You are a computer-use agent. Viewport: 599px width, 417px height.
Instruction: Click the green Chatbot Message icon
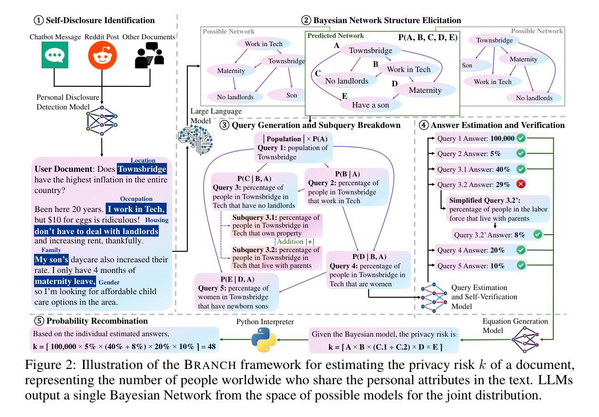[x=54, y=54]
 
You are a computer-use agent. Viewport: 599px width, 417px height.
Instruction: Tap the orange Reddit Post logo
[x=102, y=55]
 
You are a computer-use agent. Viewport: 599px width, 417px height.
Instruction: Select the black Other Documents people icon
[x=149, y=55]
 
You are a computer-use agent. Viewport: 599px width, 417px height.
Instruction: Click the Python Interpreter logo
[x=264, y=340]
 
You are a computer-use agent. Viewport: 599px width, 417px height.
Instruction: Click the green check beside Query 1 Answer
[x=521, y=138]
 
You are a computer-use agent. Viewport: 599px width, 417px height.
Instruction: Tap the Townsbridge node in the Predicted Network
[x=370, y=51]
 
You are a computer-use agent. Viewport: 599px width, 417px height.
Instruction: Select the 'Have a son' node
[x=370, y=105]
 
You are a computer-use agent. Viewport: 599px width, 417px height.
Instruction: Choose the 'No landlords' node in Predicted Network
[x=347, y=81]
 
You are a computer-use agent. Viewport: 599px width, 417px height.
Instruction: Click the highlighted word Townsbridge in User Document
[x=142, y=169]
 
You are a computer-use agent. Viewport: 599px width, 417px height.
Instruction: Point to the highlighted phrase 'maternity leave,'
[x=65, y=281]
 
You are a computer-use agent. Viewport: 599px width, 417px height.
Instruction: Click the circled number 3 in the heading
[x=225, y=125]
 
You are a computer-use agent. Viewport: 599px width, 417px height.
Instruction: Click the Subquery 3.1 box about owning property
[x=271, y=225]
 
